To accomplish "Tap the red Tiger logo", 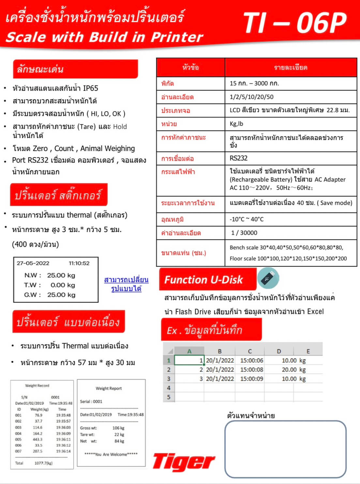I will (184, 462).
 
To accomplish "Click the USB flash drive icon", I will (268, 278).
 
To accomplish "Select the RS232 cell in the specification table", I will (239, 158).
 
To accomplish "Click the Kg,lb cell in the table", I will (236, 124).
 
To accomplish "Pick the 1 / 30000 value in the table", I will (244, 233).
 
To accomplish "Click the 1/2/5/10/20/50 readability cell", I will (251, 97).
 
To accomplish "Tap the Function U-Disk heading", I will (203, 280).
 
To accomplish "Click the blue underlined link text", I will (126, 284).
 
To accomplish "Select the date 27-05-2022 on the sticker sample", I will (33, 263).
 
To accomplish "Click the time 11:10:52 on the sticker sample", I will (79, 263).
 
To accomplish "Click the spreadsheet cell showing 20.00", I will (289, 369).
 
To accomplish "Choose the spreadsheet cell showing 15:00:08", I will (251, 369).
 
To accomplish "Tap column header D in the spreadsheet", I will (279, 351).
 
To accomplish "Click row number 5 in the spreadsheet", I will (169, 397).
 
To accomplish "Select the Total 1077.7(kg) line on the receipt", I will (34, 463).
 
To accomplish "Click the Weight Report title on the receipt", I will (109, 388).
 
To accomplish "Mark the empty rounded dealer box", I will (285, 449).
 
